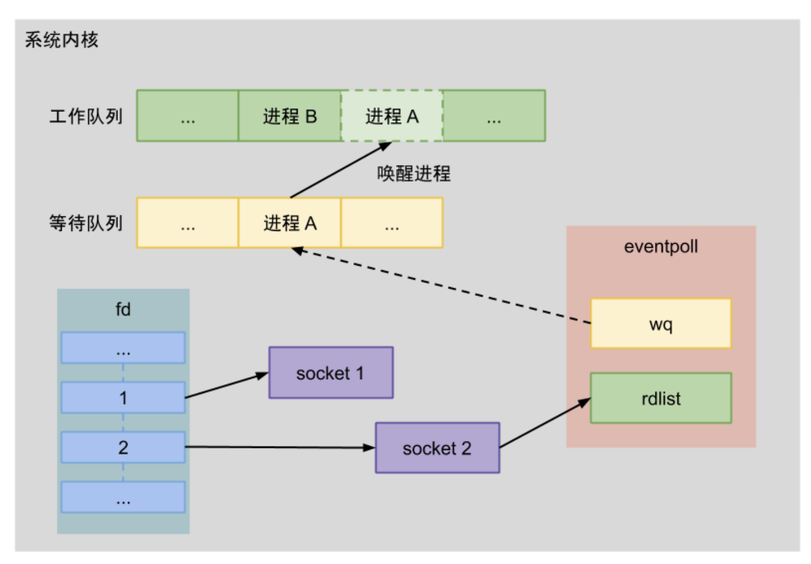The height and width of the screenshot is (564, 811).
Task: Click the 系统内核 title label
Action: pyautogui.click(x=62, y=40)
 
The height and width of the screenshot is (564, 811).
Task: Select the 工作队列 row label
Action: pyautogui.click(x=86, y=116)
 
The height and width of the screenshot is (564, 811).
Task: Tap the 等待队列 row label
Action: pyautogui.click(x=86, y=223)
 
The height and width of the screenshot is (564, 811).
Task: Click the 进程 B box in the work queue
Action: pyautogui.click(x=289, y=116)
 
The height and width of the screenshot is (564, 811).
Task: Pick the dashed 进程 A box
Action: pyautogui.click(x=391, y=116)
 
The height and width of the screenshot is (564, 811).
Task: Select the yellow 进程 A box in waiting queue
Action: pyautogui.click(x=289, y=223)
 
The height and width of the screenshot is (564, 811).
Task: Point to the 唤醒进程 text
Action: pyautogui.click(x=413, y=174)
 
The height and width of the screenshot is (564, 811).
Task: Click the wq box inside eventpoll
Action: pyautogui.click(x=660, y=324)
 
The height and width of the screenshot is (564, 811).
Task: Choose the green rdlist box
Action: pyautogui.click(x=660, y=398)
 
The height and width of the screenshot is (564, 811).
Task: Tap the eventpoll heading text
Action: pyautogui.click(x=660, y=247)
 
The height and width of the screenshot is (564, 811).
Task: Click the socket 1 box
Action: pyautogui.click(x=331, y=373)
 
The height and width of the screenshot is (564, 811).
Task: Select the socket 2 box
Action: pyautogui.click(x=437, y=448)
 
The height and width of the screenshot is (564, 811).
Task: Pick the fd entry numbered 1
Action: pyautogui.click(x=123, y=398)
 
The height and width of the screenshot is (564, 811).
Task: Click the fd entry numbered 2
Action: pyautogui.click(x=123, y=448)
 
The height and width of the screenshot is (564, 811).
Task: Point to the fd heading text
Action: pyautogui.click(x=123, y=310)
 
